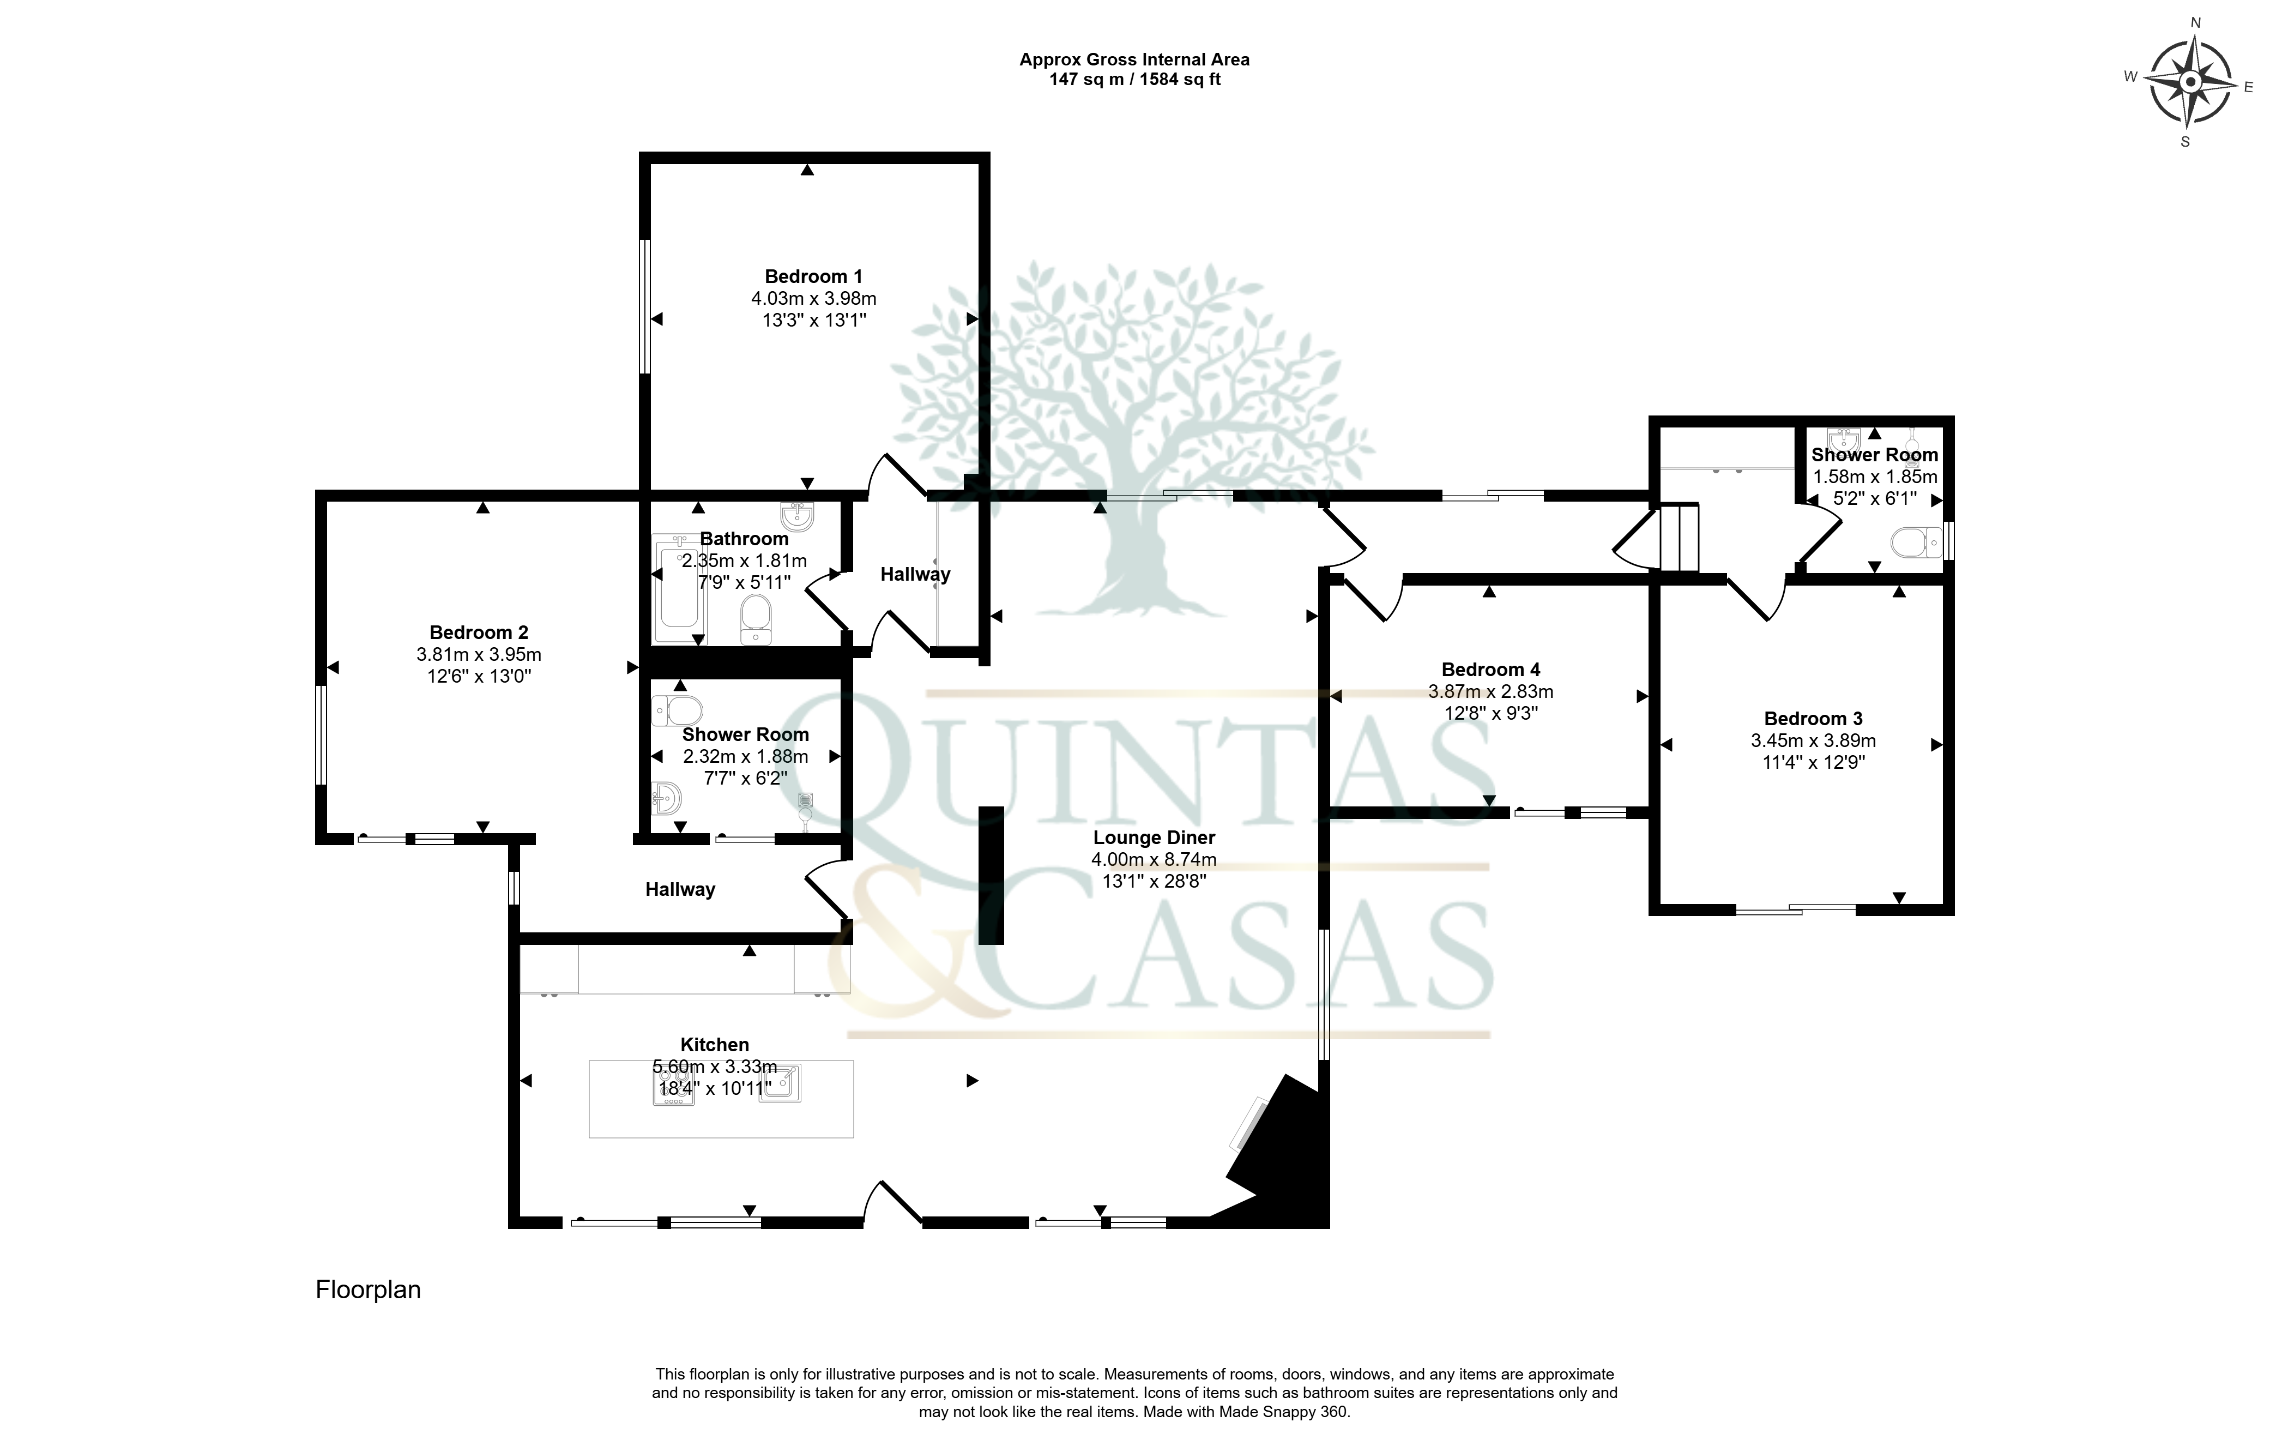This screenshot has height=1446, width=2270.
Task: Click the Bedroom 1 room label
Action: [x=813, y=276]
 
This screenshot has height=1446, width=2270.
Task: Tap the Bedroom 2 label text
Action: [x=479, y=632]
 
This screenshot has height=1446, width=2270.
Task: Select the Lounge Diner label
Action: [x=1154, y=837]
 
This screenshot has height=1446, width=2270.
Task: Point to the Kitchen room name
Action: [x=715, y=1045]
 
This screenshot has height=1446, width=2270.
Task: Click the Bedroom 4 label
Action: [x=1490, y=669]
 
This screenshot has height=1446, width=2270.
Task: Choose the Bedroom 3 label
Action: [x=1813, y=718]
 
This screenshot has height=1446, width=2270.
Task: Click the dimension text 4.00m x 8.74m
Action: [x=1154, y=860]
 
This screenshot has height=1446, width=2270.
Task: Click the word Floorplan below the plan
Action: [x=367, y=1290]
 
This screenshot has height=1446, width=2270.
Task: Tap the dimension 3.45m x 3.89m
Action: [x=1813, y=741]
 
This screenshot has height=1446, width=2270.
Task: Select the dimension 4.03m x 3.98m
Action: [x=813, y=299]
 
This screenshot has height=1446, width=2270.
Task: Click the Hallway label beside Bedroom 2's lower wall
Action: [x=680, y=889]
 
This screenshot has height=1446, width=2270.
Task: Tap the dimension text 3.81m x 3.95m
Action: [x=479, y=654]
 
